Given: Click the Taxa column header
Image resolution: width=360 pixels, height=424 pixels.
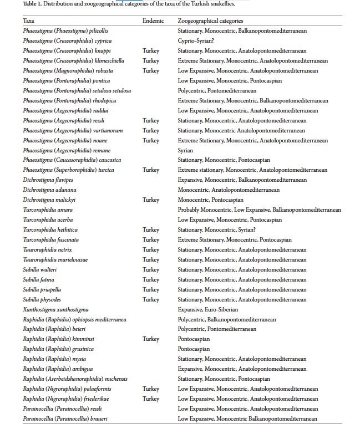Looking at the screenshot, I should [x=28, y=21].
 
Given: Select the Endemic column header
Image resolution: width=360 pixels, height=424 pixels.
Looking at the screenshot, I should [x=153, y=21].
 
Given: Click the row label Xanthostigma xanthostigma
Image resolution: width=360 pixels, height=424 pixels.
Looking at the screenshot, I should [x=55, y=309].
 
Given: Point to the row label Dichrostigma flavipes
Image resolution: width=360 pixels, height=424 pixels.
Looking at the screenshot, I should [x=48, y=180].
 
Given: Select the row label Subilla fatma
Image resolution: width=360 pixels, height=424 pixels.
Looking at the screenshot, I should [x=38, y=279].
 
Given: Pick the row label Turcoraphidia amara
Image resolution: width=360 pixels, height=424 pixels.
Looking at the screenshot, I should [x=48, y=210].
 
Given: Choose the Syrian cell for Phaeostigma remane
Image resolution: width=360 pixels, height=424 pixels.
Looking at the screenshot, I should [x=185, y=150].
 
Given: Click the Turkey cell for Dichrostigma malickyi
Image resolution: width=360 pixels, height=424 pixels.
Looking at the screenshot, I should [x=150, y=200].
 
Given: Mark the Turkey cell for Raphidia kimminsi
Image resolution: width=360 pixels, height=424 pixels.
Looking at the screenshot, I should [x=150, y=339].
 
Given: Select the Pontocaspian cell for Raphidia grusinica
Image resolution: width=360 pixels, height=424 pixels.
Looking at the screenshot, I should [x=194, y=349].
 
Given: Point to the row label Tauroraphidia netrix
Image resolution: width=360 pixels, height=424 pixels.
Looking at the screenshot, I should [x=48, y=250].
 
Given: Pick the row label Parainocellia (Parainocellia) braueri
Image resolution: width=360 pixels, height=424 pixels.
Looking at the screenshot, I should [x=64, y=418].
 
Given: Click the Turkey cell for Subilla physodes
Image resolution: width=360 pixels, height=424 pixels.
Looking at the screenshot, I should [x=150, y=299].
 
